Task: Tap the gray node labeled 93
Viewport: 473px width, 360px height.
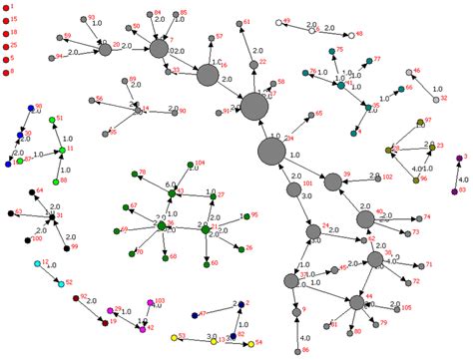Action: point(81,20)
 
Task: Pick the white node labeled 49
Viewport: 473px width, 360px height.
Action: point(277,22)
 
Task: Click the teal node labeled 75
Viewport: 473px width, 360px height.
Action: point(330,51)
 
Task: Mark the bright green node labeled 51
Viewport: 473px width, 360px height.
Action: point(50,119)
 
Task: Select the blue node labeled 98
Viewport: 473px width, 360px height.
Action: point(30,108)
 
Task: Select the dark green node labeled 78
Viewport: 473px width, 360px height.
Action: point(132,174)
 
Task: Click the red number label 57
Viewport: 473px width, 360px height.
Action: point(221,38)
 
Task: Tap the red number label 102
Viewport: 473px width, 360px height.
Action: point(387,177)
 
